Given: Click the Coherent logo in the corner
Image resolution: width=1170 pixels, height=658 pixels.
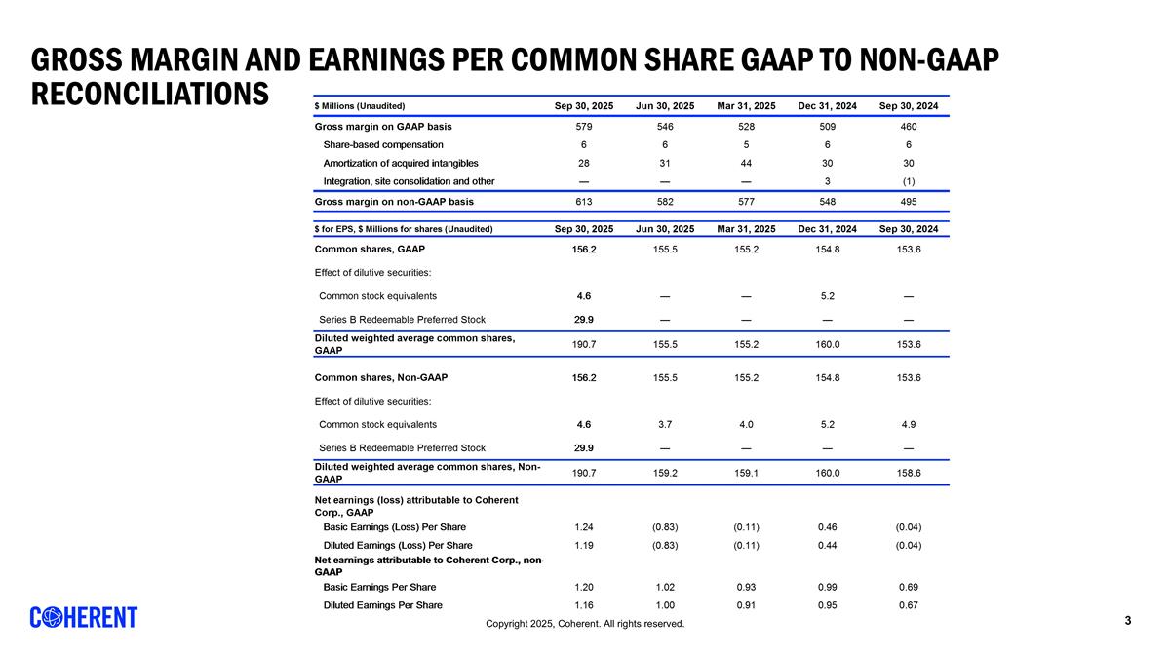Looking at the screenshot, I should click(x=84, y=617).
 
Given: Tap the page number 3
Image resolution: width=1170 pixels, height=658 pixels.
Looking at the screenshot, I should click(x=1128, y=621).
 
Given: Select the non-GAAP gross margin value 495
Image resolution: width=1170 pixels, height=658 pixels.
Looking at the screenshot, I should click(x=908, y=202).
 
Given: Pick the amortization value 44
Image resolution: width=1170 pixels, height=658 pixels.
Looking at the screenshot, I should click(x=746, y=163).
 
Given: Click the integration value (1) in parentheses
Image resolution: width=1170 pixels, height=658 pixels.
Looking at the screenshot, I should click(x=908, y=181).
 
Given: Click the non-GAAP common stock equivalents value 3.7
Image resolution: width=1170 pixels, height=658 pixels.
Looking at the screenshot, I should click(x=665, y=424).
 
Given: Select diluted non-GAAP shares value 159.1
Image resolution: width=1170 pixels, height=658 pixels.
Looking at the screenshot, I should click(x=746, y=473).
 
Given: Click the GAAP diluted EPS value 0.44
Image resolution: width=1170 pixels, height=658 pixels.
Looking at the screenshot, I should click(x=827, y=545).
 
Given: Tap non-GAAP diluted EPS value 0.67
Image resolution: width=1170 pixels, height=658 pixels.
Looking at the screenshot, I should click(x=908, y=605).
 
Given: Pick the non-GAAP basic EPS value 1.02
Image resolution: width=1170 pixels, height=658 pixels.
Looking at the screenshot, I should click(x=665, y=587).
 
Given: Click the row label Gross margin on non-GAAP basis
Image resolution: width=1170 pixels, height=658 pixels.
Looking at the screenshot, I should click(x=394, y=202).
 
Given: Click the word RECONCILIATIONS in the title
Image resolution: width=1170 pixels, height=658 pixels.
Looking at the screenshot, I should click(x=149, y=94).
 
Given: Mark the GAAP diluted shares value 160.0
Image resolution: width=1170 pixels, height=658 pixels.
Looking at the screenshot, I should click(x=827, y=344).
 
